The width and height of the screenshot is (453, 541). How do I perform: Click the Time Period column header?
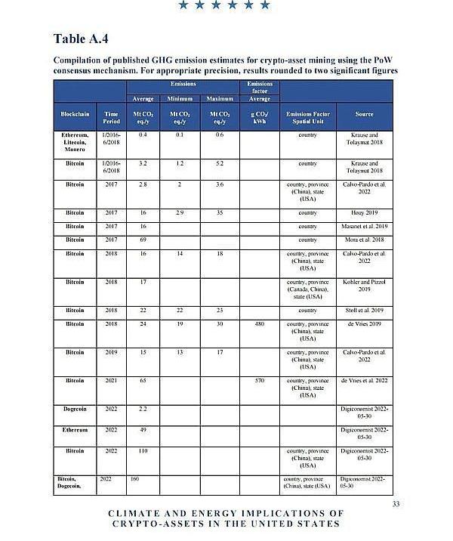pyautogui.click(x=110, y=118)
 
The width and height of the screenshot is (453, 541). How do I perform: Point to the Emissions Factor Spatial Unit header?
pyautogui.click(x=307, y=118)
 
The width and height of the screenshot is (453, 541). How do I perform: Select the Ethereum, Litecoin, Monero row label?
pyautogui.click(x=75, y=141)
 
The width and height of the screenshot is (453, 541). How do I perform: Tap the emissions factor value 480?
pyautogui.click(x=260, y=323)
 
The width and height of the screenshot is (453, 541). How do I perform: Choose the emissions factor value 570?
pyautogui.click(x=260, y=380)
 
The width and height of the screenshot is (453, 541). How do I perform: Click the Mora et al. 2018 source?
pyautogui.click(x=365, y=240)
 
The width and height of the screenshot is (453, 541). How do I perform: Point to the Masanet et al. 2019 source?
pyautogui.click(x=365, y=227)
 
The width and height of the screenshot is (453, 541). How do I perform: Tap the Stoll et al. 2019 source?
pyautogui.click(x=365, y=310)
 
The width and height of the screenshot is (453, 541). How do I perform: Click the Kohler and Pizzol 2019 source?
pyautogui.click(x=365, y=286)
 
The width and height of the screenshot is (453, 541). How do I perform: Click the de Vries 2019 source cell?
pyautogui.click(x=365, y=323)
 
